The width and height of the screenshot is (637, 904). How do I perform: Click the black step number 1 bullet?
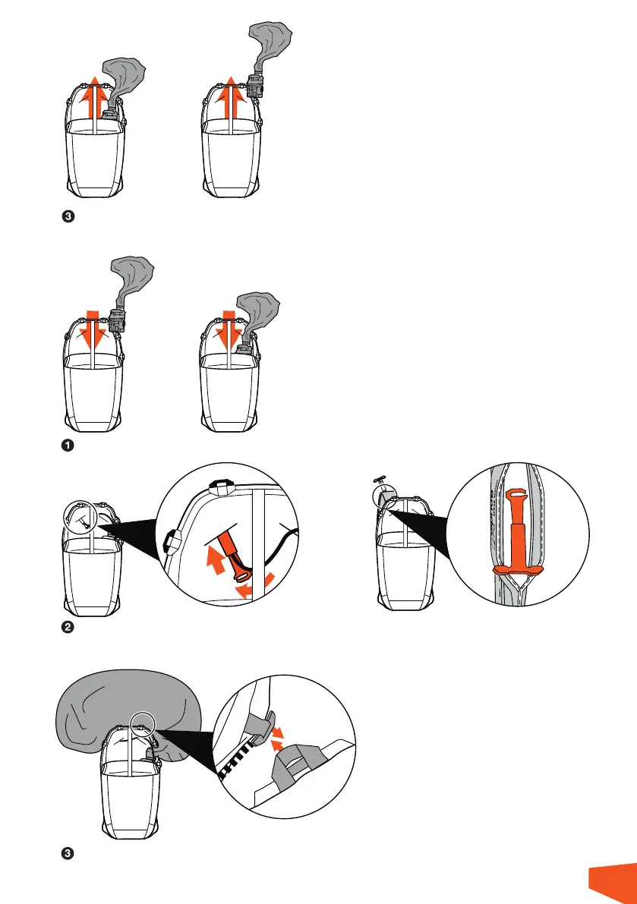(x=68, y=446)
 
